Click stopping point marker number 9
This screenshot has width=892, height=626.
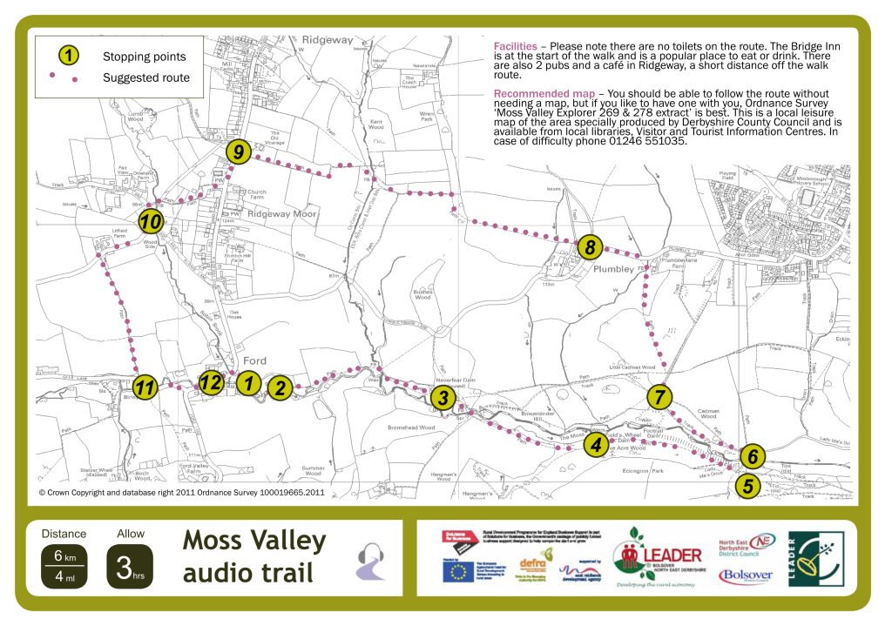pyautogui.click(x=237, y=152)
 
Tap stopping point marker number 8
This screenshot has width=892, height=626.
pyautogui.click(x=590, y=247)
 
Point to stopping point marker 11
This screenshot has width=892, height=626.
pyautogui.click(x=145, y=388)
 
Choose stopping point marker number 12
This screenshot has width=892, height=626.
pyautogui.click(x=210, y=382)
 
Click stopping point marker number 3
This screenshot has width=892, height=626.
pyautogui.click(x=443, y=399)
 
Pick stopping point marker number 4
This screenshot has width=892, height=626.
pyautogui.click(x=596, y=447)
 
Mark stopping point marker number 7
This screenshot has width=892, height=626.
pyautogui.click(x=660, y=397)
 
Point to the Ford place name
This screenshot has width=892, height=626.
pyautogui.click(x=254, y=360)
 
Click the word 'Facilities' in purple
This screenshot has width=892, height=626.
pyautogui.click(x=514, y=45)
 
